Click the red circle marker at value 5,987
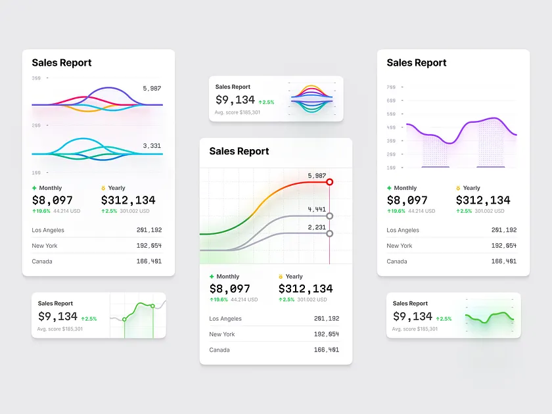click(x=330, y=182)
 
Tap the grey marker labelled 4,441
click(x=329, y=216)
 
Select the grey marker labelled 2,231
click(x=329, y=233)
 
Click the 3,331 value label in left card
click(x=152, y=146)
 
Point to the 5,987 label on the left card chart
click(x=152, y=88)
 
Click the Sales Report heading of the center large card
click(x=239, y=151)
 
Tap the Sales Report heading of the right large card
click(x=417, y=63)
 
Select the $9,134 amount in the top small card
click(x=235, y=100)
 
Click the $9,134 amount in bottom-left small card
click(x=58, y=317)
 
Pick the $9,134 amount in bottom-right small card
click(x=413, y=317)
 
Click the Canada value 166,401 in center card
click(x=327, y=350)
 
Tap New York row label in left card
click(x=45, y=246)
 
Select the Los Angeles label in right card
click(x=403, y=231)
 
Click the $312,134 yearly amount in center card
click(x=306, y=289)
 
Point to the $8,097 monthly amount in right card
click(x=407, y=200)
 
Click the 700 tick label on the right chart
click(x=391, y=87)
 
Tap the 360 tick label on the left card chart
click(x=36, y=78)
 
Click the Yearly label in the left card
click(x=117, y=188)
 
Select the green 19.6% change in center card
click(x=219, y=300)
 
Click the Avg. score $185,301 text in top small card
click(x=237, y=112)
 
